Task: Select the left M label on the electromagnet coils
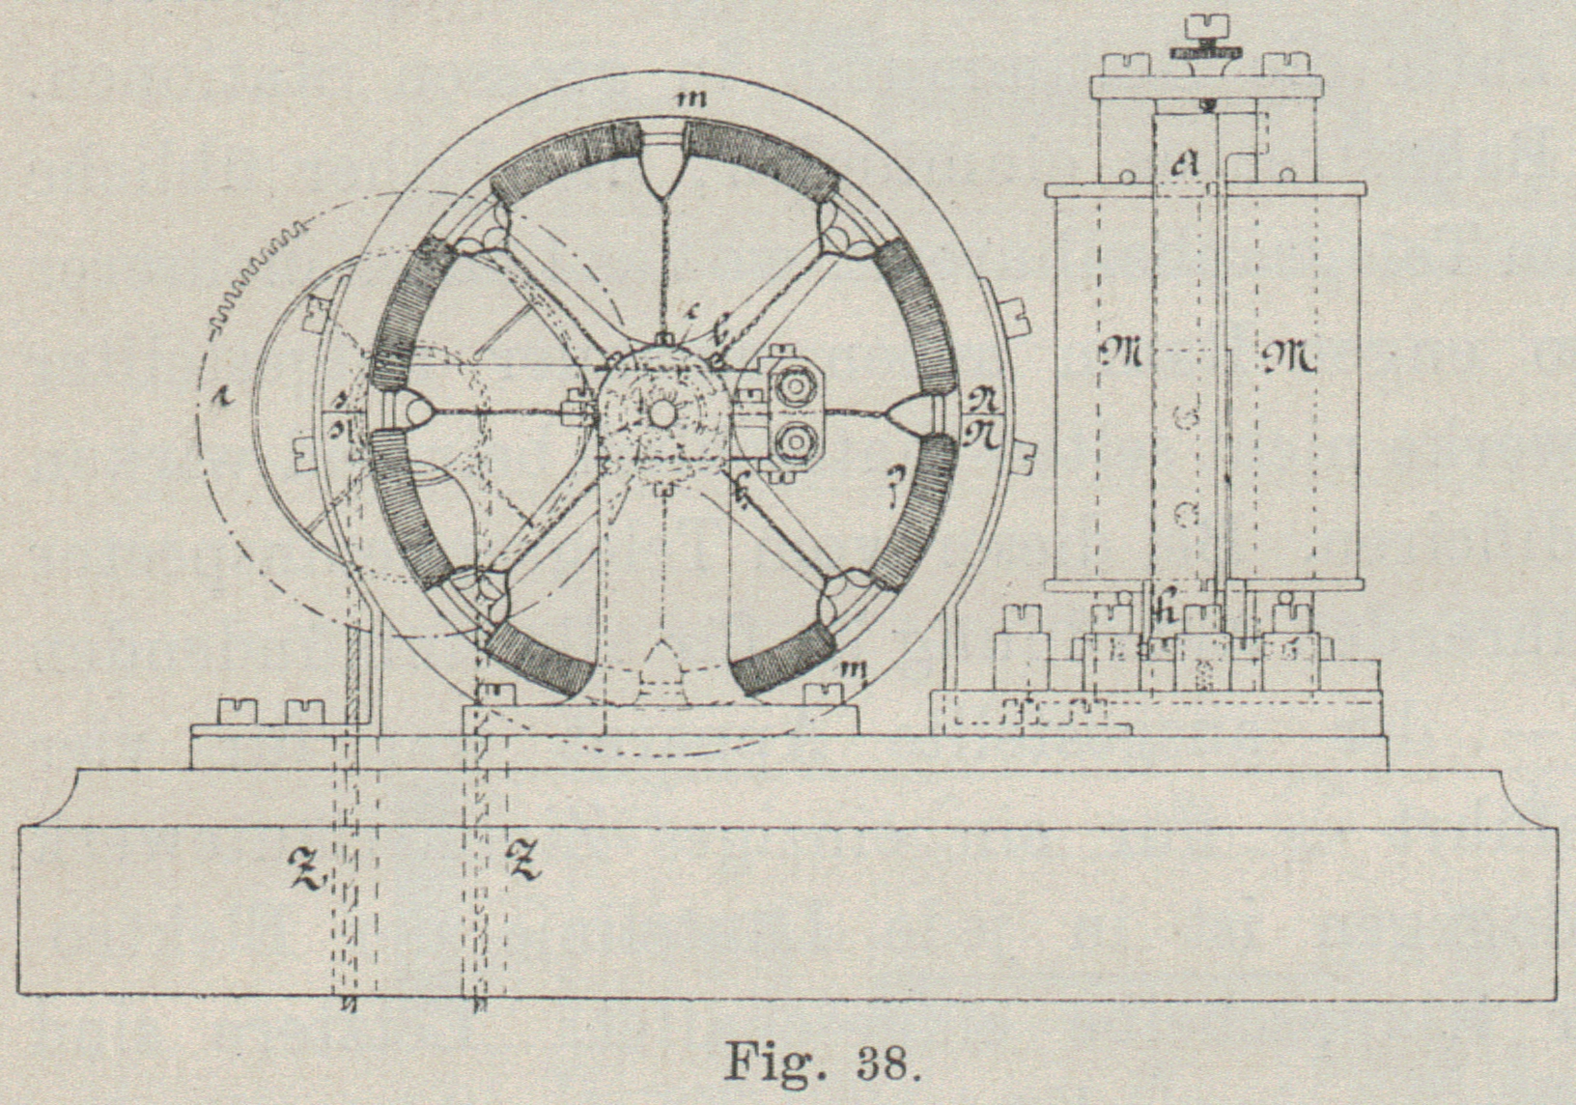click(x=1121, y=356)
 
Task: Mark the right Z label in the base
click(x=523, y=859)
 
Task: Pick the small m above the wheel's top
click(x=689, y=98)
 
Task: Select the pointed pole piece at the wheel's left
click(x=416, y=412)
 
